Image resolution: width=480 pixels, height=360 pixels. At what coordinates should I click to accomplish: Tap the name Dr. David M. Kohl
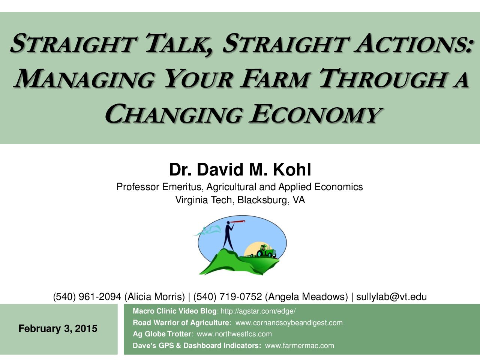(x=240, y=169)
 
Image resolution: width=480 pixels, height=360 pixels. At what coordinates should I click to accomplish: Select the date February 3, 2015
(x=58, y=328)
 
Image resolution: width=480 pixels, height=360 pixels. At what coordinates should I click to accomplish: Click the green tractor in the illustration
(x=266, y=251)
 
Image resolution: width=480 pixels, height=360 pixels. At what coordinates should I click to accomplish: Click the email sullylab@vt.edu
(x=391, y=297)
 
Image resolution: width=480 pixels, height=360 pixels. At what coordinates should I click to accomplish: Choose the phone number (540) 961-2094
(x=87, y=297)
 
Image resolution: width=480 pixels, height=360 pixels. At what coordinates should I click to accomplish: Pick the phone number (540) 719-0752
(x=228, y=297)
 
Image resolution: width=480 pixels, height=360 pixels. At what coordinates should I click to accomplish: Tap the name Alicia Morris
(x=154, y=297)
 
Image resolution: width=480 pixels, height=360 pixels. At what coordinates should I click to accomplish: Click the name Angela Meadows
(x=307, y=297)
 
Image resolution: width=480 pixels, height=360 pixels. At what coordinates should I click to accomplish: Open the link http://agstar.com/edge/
(x=258, y=311)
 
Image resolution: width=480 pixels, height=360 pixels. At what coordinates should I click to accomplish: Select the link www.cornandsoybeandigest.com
(x=289, y=323)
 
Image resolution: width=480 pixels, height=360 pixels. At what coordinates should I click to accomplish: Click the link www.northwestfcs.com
(x=234, y=334)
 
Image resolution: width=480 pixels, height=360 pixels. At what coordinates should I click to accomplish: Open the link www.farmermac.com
(x=299, y=346)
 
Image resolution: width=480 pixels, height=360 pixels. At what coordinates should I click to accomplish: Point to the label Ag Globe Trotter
(x=162, y=334)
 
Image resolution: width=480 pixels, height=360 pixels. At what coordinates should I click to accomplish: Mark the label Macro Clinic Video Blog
(x=174, y=311)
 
